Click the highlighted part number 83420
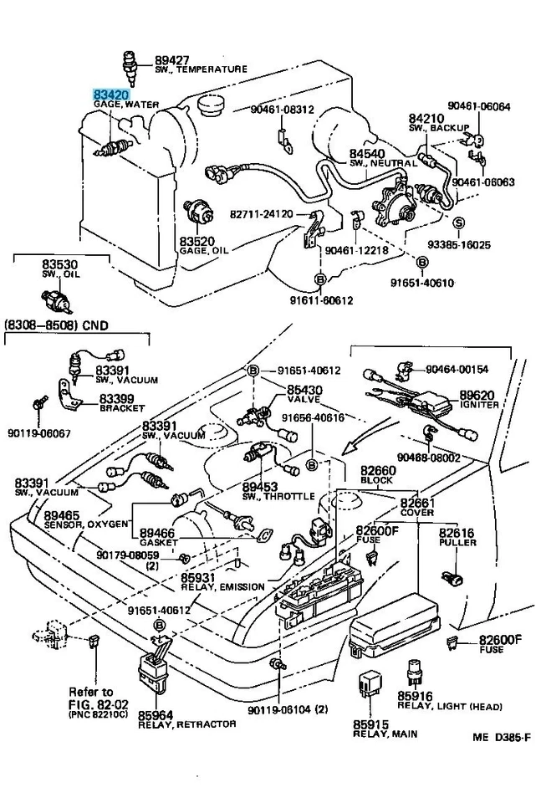coord(110,95)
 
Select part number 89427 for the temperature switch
coord(173,59)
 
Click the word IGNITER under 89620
coord(479,405)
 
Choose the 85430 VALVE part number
coord(304,391)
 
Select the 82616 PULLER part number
coord(457,532)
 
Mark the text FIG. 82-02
coord(90,703)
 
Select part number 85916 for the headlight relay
coord(415,696)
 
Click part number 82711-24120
coord(262,214)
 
